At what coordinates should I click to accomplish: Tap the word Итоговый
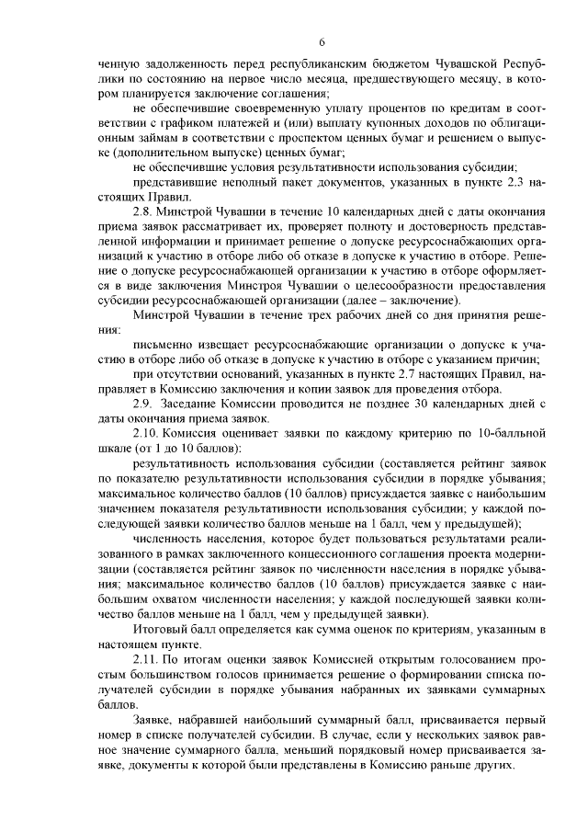[161, 629]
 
